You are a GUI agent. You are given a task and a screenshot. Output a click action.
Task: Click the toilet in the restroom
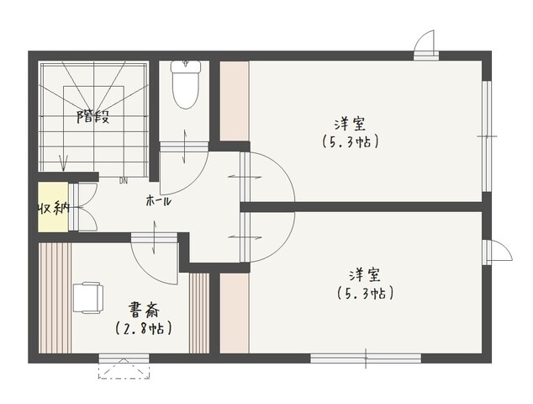coord(185,84)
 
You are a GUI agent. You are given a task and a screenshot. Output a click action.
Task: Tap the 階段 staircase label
coord(92,116)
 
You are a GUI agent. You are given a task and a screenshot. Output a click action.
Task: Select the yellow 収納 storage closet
coord(53,207)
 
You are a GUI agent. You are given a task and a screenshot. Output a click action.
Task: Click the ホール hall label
coord(158,201)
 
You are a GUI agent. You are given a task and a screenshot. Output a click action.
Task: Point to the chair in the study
coord(87,297)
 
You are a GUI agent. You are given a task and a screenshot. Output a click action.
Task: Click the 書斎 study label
coord(143,309)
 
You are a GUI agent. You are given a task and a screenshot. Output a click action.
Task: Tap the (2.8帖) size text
coord(143,328)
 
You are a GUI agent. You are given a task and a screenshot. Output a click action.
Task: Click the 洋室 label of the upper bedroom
coord(350,125)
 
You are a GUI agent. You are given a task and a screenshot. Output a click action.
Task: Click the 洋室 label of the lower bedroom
coord(365,275)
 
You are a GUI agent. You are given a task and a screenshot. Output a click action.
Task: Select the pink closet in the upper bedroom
coord(235,101)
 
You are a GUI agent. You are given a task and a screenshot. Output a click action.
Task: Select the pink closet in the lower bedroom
coord(235,313)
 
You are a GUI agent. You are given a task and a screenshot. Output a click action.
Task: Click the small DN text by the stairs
coord(124,182)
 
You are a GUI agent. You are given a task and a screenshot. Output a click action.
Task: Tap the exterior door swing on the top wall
coord(425,43)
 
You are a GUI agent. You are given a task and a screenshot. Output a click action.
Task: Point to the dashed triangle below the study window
coord(124,369)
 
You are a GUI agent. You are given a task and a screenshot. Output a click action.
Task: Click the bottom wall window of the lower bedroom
coord(366,359)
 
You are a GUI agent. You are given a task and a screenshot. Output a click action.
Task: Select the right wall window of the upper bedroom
coord(487,136)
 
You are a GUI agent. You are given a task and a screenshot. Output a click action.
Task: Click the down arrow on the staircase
coord(63,162)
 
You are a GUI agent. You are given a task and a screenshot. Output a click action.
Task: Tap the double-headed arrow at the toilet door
coord(185,146)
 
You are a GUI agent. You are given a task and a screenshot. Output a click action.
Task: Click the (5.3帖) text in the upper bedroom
coord(351,141)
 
